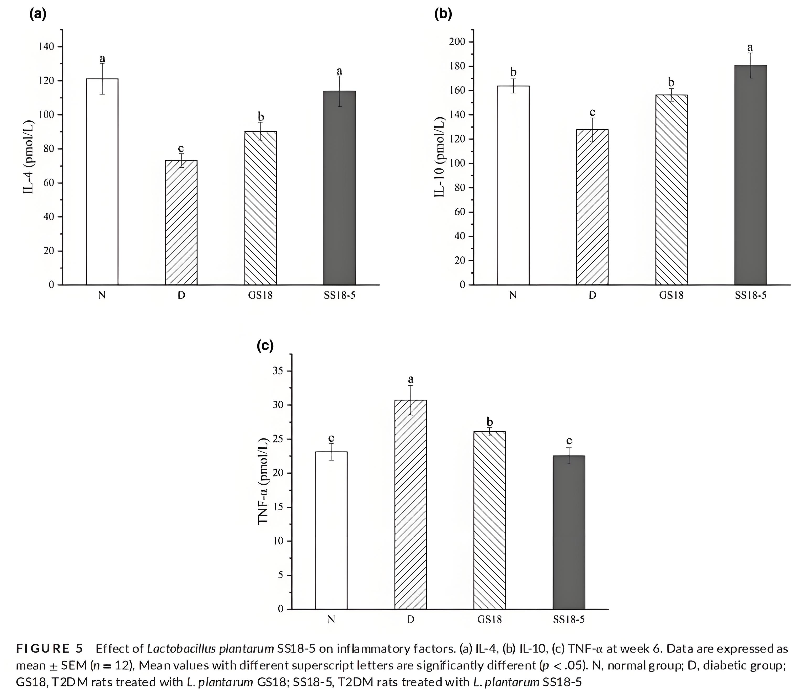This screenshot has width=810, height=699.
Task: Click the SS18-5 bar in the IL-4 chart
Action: tap(339, 188)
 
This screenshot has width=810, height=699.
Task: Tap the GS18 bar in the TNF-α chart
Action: tap(489, 520)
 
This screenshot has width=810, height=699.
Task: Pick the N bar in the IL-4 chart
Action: tap(102, 182)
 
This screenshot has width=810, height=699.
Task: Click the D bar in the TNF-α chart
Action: tap(411, 504)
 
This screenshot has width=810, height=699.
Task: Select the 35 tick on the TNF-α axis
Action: tap(278, 371)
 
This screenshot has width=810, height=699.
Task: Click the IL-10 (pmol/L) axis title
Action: tap(440, 156)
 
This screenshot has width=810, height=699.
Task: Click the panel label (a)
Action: tap(38, 14)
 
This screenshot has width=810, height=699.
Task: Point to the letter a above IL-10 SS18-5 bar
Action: tap(750, 48)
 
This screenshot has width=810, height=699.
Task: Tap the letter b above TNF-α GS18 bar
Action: tap(489, 422)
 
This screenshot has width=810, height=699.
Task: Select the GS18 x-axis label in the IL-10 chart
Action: tap(671, 295)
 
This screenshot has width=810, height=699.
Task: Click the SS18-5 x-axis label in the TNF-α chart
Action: tap(569, 620)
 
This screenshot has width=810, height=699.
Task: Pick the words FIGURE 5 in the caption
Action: tap(50, 649)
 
